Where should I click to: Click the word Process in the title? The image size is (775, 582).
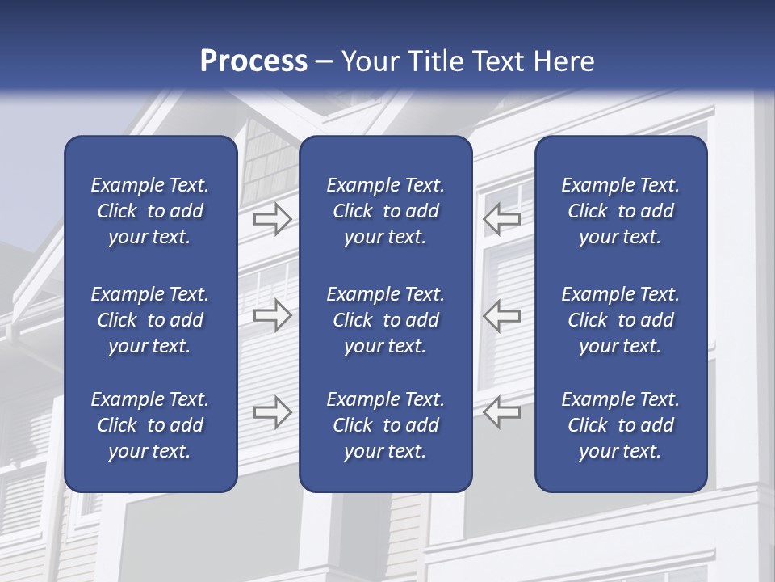coord(253,61)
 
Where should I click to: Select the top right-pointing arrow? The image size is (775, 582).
coord(273,217)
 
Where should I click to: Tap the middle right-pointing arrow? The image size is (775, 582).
coord(273,315)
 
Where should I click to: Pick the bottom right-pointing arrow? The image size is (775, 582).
coord(273,412)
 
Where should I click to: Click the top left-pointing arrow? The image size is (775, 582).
coord(502,217)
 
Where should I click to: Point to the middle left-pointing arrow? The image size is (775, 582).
coord(502,315)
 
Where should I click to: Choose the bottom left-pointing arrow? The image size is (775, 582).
coord(502,412)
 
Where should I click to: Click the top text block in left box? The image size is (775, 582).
coord(150,211)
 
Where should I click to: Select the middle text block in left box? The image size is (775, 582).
coord(150,320)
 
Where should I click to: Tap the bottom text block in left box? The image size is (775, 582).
coord(150,425)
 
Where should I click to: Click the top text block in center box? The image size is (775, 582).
coord(385,211)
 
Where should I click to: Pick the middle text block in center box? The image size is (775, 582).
coord(385,320)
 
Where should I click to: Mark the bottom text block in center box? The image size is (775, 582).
coord(385,425)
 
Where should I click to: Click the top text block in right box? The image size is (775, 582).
coord(621,211)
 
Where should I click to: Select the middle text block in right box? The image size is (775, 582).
coord(621,320)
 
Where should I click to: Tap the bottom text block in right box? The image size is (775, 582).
coord(621,425)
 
